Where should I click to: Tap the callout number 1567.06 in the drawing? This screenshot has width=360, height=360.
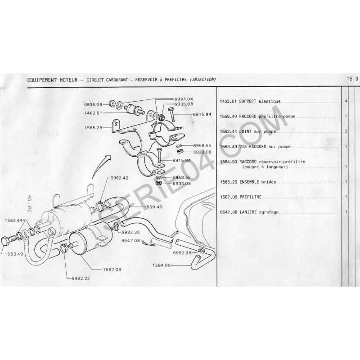point(112,270)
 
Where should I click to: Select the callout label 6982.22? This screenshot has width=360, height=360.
point(81,278)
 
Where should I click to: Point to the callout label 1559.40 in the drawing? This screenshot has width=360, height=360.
point(153,207)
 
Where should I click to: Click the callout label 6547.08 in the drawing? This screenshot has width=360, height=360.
point(130,241)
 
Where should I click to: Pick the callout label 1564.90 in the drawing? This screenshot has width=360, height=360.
point(162,265)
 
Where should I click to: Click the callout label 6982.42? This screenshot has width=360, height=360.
point(119,178)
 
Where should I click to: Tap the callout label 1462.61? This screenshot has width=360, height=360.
point(93,113)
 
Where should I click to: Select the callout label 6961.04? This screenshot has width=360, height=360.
point(184,99)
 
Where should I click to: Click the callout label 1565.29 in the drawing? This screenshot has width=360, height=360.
point(93,128)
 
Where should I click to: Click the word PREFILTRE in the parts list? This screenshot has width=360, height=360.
point(251,197)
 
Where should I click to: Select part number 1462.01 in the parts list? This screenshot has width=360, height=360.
point(228,101)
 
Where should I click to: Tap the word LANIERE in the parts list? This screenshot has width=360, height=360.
point(248,212)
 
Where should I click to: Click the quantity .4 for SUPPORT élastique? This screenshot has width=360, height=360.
point(345,101)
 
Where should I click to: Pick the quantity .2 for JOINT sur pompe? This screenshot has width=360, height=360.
point(345,131)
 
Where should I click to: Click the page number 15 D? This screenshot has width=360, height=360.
point(352,79)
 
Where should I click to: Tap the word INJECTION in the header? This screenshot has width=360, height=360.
point(203,80)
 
